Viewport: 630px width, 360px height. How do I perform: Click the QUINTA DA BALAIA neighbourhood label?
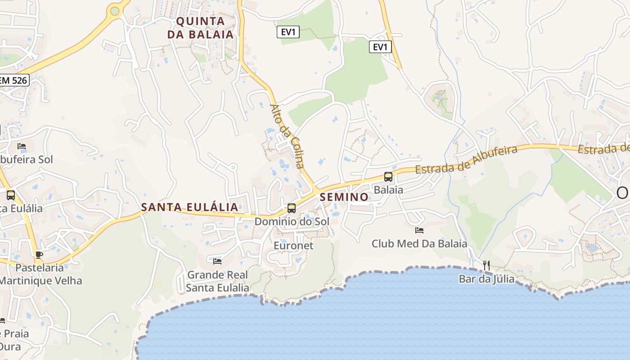click(x=200, y=28)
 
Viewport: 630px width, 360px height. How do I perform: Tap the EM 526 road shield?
click(x=14, y=81)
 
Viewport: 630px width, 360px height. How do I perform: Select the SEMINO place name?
click(x=344, y=197)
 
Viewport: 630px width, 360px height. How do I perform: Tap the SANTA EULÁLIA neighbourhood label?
click(x=189, y=207)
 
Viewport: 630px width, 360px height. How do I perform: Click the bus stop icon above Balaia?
click(x=388, y=177)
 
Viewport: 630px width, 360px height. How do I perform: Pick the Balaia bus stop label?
click(x=388, y=190)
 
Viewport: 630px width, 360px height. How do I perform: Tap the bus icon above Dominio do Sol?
click(x=292, y=208)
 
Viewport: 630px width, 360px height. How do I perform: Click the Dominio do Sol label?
click(x=292, y=221)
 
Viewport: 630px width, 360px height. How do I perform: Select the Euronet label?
click(x=293, y=246)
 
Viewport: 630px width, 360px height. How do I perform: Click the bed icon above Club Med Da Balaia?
click(x=419, y=230)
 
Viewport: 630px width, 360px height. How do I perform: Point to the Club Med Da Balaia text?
click(x=419, y=244)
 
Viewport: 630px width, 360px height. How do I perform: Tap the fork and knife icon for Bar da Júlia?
click(x=486, y=265)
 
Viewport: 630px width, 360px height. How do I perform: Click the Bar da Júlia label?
click(x=486, y=279)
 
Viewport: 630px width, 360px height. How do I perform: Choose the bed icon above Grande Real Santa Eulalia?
click(x=217, y=261)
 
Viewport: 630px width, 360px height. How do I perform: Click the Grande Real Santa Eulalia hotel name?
click(x=217, y=281)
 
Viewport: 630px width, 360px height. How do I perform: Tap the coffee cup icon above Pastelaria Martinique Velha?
click(x=39, y=255)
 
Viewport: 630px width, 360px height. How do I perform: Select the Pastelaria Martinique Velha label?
click(x=40, y=274)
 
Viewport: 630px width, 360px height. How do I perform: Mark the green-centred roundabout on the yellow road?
click(x=115, y=11)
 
